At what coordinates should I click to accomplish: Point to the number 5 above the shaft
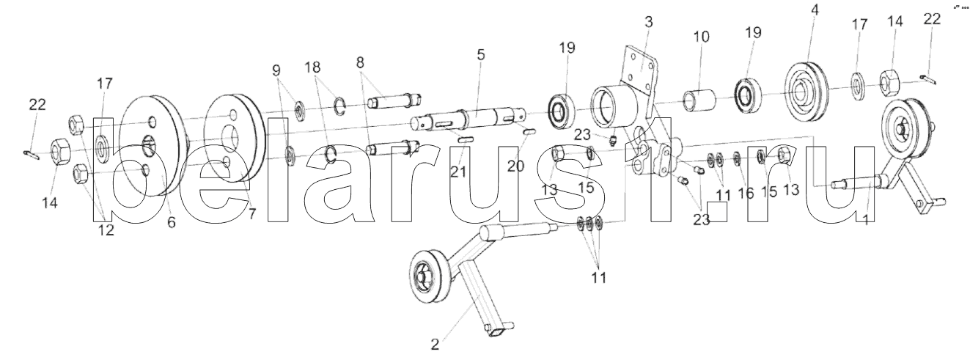tap(480, 55)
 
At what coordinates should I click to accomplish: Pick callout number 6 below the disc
tap(171, 222)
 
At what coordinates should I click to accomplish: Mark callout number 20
tap(516, 166)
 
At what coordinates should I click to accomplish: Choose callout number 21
tap(457, 172)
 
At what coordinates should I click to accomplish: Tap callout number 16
tap(745, 194)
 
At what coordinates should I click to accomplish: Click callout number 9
tap(276, 71)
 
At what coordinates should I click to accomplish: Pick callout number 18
tap(314, 67)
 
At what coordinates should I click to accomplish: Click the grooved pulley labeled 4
tap(807, 87)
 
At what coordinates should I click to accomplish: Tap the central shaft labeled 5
tap(477, 118)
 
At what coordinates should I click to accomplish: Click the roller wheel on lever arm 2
tap(427, 276)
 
